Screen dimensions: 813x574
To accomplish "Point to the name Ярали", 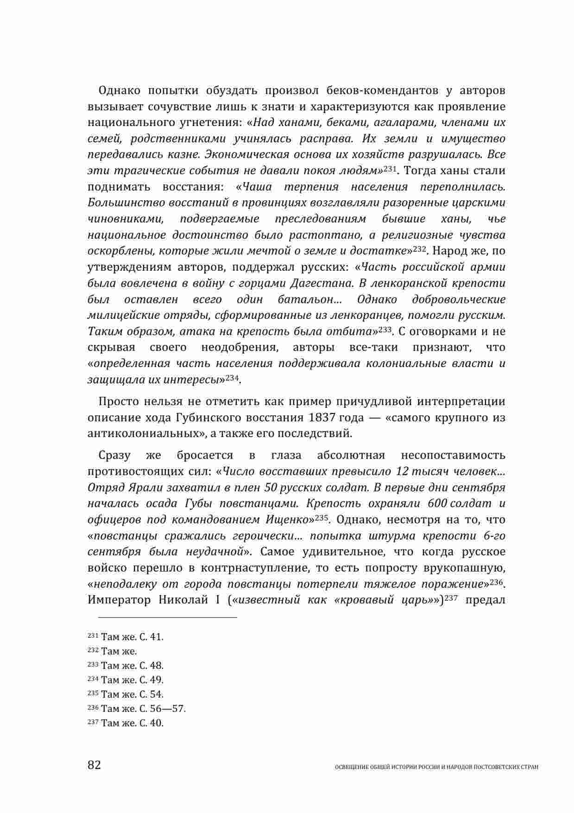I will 134,488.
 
